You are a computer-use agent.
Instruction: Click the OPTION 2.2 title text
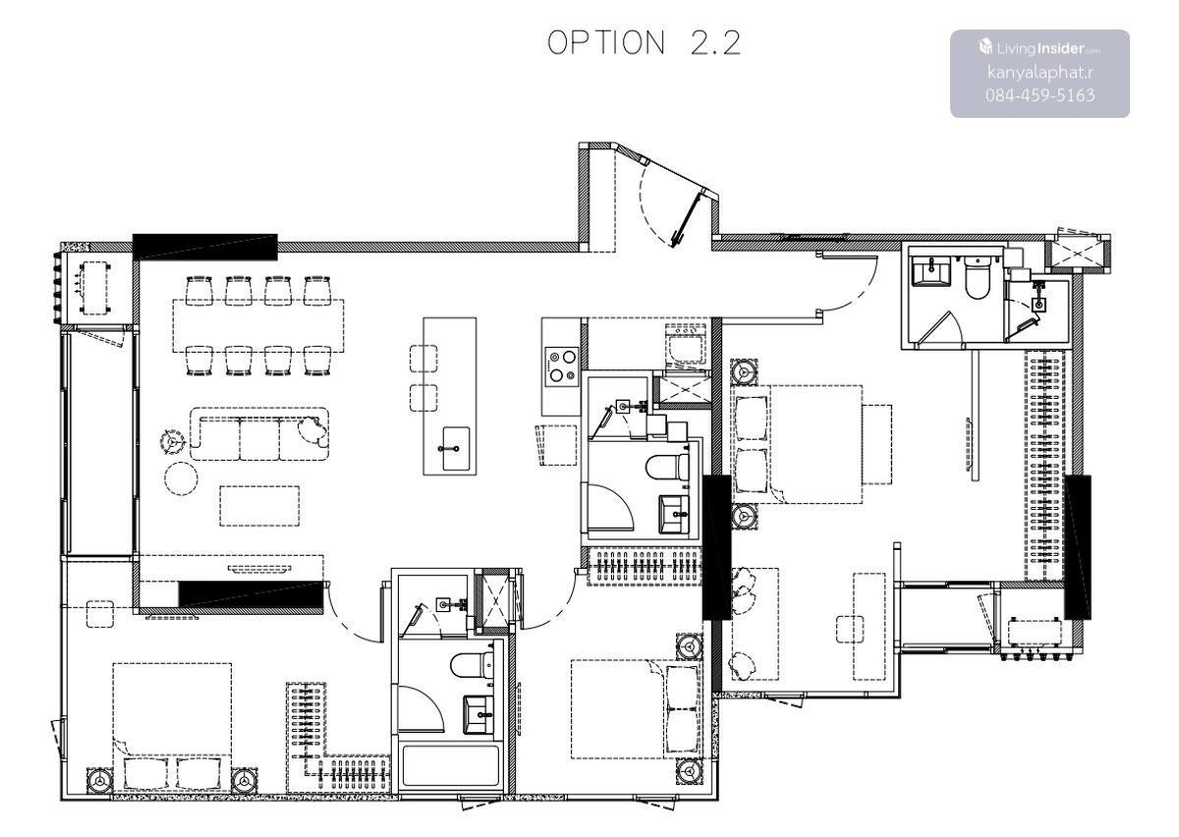pos(644,42)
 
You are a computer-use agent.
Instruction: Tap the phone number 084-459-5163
pos(1040,95)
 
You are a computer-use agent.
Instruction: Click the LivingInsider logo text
pos(1040,48)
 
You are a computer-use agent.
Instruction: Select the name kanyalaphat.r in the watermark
pos(1040,72)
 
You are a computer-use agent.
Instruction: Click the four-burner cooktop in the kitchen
pos(562,365)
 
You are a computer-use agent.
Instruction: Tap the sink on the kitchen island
pos(456,448)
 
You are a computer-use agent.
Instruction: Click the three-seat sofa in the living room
pos(259,434)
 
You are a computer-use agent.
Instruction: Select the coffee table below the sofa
pos(259,506)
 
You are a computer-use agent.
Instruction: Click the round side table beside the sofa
pos(181,478)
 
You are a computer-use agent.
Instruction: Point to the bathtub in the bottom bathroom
pos(450,767)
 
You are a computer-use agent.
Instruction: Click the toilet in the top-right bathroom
pos(979,279)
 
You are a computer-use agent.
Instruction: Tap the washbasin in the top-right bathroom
pos(930,272)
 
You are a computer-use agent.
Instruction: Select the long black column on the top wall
pos(204,248)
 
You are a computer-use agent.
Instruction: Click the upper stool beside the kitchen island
pos(423,359)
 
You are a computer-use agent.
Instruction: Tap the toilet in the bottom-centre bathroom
pos(473,665)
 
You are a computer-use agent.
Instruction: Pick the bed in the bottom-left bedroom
pos(172,727)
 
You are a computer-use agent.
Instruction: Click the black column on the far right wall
pos(1078,547)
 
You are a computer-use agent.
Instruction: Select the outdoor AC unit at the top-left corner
pos(94,288)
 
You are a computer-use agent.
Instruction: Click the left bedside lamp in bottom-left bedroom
pos(99,781)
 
